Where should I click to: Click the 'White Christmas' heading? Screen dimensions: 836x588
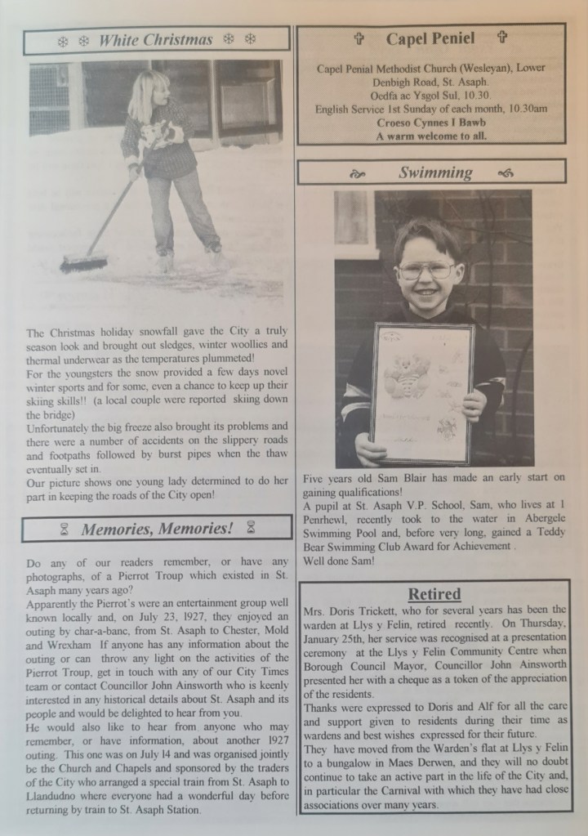pyautogui.click(x=155, y=40)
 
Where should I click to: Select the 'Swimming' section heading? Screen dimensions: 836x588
pyautogui.click(x=434, y=172)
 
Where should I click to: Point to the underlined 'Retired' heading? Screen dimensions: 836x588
pyautogui.click(x=434, y=593)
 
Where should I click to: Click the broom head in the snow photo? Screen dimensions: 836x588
pyautogui.click(x=83, y=263)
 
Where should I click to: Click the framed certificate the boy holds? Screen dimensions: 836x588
pyautogui.click(x=421, y=392)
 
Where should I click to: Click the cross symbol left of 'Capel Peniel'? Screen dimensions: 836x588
pyautogui.click(x=358, y=38)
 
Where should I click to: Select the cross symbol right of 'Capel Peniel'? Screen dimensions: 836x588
pyautogui.click(x=501, y=38)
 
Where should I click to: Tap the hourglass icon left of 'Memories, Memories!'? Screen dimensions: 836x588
pyautogui.click(x=64, y=530)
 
